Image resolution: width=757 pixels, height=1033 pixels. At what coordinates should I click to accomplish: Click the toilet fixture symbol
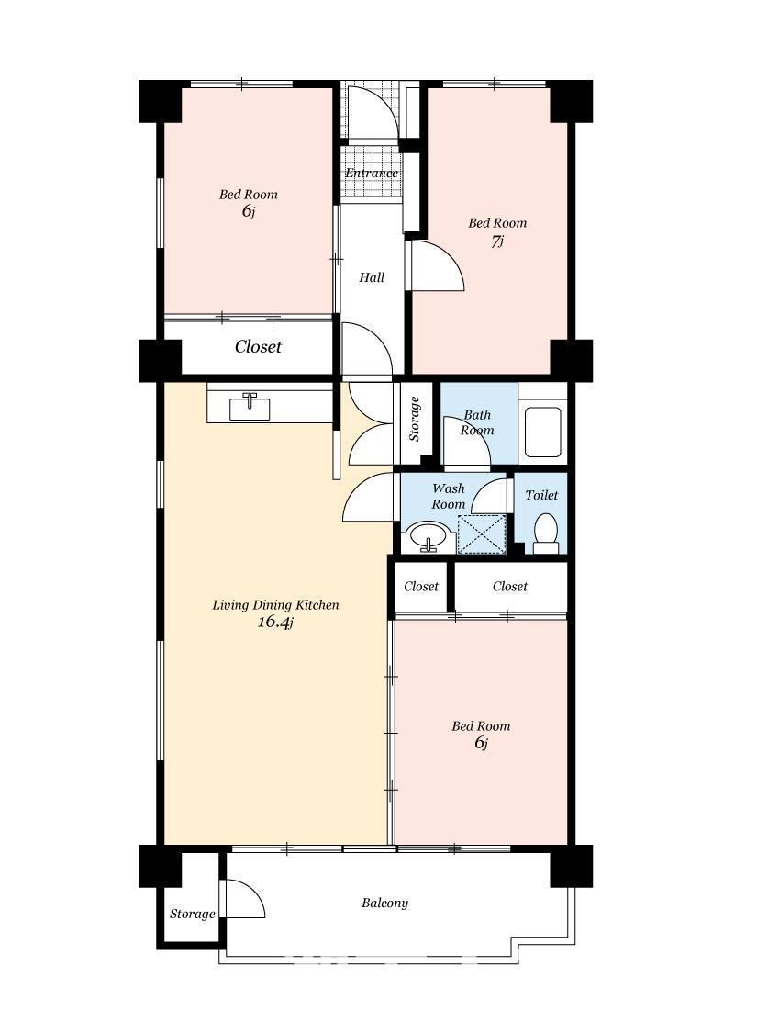coord(545,533)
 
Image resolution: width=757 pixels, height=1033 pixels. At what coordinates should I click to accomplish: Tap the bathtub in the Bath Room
coord(542,432)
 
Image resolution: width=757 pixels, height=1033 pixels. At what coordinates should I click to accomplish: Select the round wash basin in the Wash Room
coord(429,536)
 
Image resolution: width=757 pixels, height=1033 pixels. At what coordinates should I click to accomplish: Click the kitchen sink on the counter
coord(250,407)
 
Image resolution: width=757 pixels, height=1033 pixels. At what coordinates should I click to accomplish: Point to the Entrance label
coord(372,174)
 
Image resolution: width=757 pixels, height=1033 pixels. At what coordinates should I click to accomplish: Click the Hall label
coord(372,277)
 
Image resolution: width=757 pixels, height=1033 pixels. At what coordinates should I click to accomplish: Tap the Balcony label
coord(385,904)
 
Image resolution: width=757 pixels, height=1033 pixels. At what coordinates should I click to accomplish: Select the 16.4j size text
coord(275,622)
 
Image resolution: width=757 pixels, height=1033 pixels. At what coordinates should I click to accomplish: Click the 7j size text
coord(497,241)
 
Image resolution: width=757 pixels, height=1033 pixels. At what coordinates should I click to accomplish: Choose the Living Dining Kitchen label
coord(275,605)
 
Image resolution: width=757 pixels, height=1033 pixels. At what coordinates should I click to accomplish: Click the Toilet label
coord(541,495)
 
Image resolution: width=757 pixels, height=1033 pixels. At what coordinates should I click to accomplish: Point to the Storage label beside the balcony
coord(192,914)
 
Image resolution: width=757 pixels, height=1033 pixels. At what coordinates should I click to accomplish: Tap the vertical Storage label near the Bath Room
coord(414,419)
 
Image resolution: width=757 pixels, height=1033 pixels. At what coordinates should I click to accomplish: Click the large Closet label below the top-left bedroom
coord(258,346)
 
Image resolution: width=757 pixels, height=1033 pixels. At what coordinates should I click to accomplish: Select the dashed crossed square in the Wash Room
coord(482,534)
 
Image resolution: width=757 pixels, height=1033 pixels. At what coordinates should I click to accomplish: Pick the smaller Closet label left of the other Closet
coord(421,587)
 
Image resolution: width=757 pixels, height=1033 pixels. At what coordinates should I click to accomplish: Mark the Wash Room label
coord(449,496)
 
